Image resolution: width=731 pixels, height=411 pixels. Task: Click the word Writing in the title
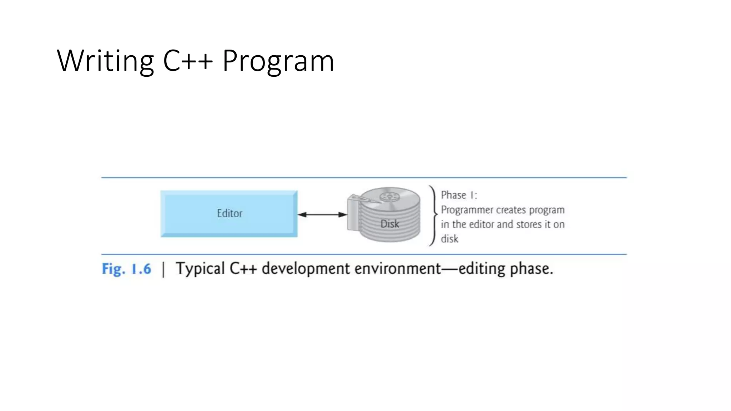point(105,61)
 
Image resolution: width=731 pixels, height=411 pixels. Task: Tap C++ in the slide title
point(188,61)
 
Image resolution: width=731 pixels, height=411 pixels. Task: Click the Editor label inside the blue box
point(230,213)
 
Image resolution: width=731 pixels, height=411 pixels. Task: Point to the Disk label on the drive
point(389,224)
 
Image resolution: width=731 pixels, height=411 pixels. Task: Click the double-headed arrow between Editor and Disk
point(322,214)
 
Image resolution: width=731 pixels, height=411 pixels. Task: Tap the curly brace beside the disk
point(433,215)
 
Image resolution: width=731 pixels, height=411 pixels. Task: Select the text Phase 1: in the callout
point(459,195)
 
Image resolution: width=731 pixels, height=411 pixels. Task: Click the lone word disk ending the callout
point(449,239)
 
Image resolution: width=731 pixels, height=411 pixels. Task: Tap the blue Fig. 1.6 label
point(126,269)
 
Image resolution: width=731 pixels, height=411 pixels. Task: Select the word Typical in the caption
point(200,269)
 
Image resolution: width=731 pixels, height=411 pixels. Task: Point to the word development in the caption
point(306,269)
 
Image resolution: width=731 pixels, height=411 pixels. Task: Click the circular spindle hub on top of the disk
point(389,197)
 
